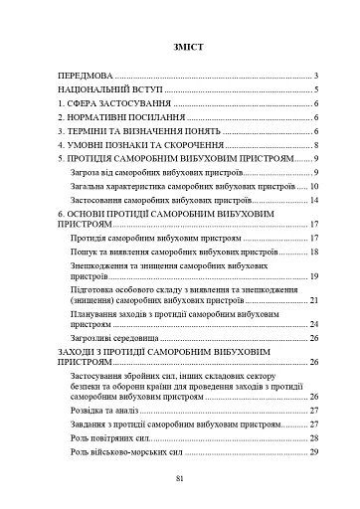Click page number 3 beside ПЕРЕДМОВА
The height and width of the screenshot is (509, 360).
[x=314, y=75]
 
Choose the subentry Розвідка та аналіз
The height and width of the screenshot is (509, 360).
[x=108, y=410]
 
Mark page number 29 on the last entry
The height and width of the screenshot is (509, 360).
[x=312, y=452]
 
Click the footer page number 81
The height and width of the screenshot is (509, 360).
[x=180, y=480]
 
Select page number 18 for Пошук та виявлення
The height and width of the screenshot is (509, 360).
[x=312, y=253]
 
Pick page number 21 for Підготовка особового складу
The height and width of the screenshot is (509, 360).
[x=312, y=299]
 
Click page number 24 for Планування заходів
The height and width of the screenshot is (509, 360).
[x=312, y=323]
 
